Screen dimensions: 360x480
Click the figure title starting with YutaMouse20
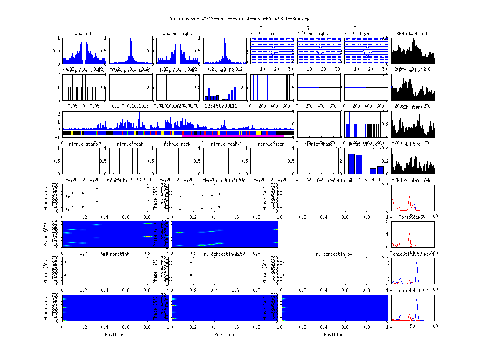240,19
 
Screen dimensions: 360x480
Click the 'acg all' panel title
83,34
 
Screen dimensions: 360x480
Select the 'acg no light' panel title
177,34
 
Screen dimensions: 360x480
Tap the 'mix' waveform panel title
272,34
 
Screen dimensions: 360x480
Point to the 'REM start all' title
412,34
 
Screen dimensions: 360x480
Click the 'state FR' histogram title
224,70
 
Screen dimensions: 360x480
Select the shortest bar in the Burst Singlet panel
373,171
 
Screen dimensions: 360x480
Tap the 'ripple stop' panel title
270,144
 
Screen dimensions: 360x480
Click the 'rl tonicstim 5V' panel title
334,254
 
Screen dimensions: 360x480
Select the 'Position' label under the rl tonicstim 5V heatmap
334,335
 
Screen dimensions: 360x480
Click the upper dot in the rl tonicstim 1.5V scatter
191,262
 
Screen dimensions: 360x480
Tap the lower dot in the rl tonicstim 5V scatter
284,275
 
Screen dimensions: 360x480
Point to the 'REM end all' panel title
412,70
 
